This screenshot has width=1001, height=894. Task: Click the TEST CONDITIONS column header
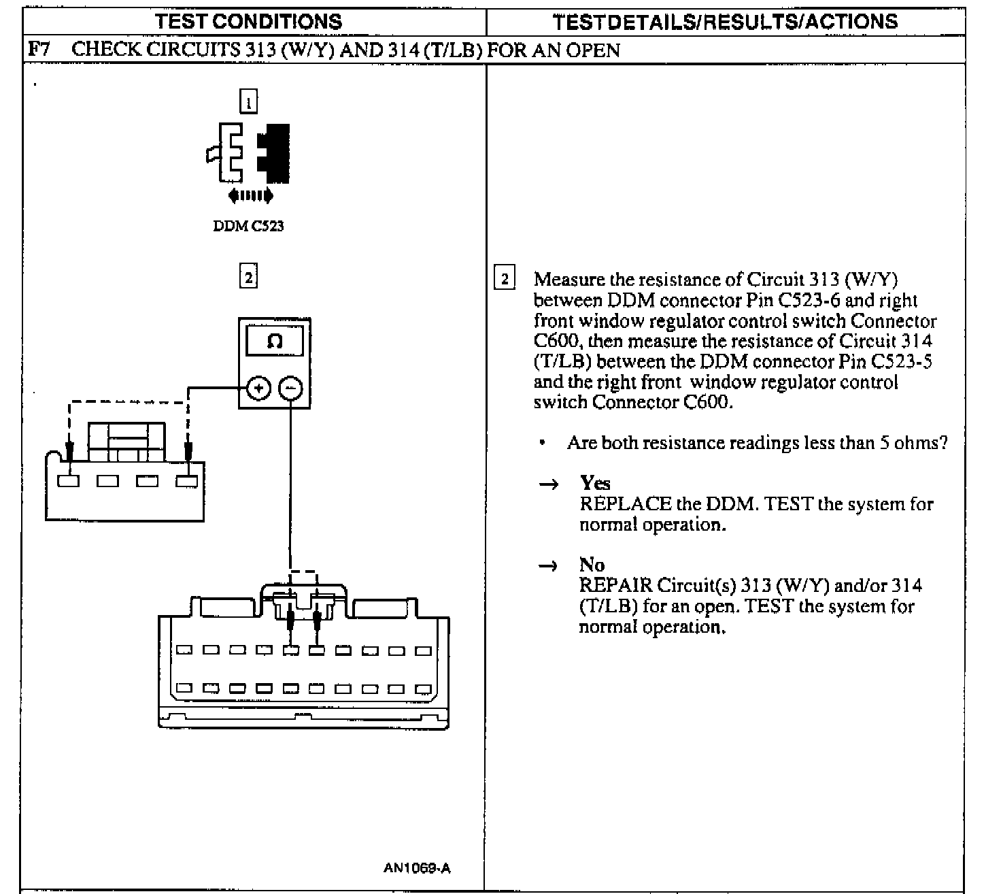click(248, 21)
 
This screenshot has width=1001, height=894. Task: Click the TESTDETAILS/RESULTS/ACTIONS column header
click(725, 21)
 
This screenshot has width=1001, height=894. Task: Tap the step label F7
click(39, 50)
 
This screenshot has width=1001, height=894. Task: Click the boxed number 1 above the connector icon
click(249, 101)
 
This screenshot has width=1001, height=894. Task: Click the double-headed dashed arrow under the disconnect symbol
click(251, 196)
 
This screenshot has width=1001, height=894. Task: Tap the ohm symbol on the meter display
click(275, 341)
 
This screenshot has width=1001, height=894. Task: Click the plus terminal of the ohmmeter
click(258, 388)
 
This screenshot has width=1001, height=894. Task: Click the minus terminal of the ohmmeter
click(290, 388)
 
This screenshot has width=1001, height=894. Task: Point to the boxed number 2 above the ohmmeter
click(249, 277)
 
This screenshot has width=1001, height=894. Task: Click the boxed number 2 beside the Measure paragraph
click(504, 279)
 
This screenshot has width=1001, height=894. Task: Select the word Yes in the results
click(595, 484)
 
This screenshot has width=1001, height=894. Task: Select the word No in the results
click(592, 565)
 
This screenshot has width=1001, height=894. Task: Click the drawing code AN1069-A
click(417, 868)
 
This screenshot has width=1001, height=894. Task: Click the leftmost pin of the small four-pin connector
click(69, 481)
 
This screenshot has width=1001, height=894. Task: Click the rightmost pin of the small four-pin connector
click(186, 481)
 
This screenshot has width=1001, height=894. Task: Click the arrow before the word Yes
click(548, 484)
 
